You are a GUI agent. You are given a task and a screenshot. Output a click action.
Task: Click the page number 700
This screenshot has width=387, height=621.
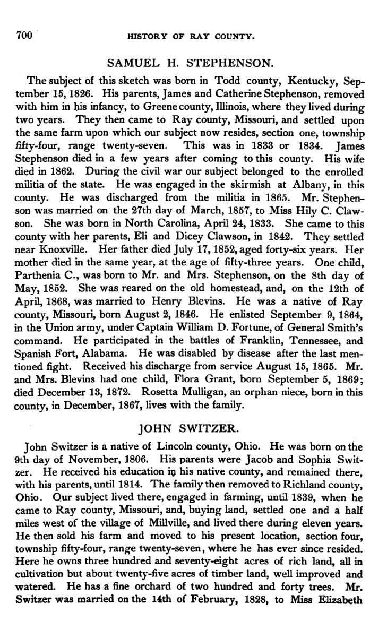tap(25, 36)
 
